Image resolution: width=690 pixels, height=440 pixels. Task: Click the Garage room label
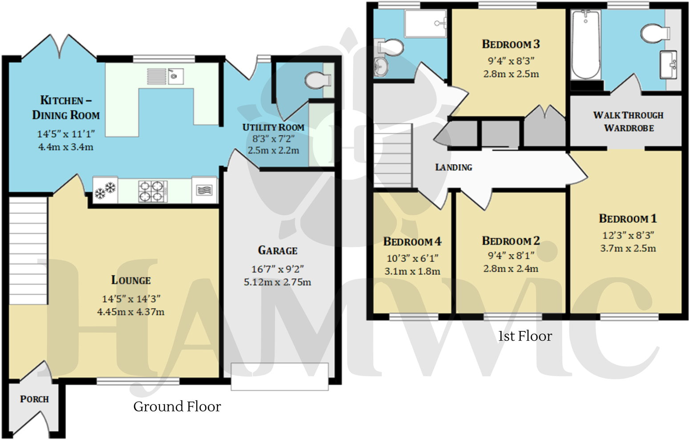coord(277,250)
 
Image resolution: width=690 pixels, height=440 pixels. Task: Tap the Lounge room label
coord(131,280)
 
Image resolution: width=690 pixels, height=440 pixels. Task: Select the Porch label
coord(34,399)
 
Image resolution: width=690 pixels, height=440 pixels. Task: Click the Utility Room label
coord(273,127)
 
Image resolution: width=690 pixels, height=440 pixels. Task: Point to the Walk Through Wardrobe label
coord(628,122)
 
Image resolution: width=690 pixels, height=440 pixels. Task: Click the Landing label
coord(453,167)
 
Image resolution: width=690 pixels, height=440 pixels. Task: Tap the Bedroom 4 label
coord(412,242)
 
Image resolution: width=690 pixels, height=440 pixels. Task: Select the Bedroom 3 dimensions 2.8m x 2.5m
coord(511,74)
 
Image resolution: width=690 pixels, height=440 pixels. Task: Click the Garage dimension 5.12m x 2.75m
coord(277,282)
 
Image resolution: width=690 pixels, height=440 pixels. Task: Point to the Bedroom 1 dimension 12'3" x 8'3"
coord(628,235)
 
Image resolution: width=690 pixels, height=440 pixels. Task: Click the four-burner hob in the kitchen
coord(152,191)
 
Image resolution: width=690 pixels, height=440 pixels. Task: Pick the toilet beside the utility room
coord(318,80)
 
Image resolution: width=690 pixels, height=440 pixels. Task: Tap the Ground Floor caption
coord(177,407)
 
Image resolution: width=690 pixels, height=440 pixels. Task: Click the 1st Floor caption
coord(525,336)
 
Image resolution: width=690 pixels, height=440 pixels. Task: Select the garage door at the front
coord(280,377)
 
